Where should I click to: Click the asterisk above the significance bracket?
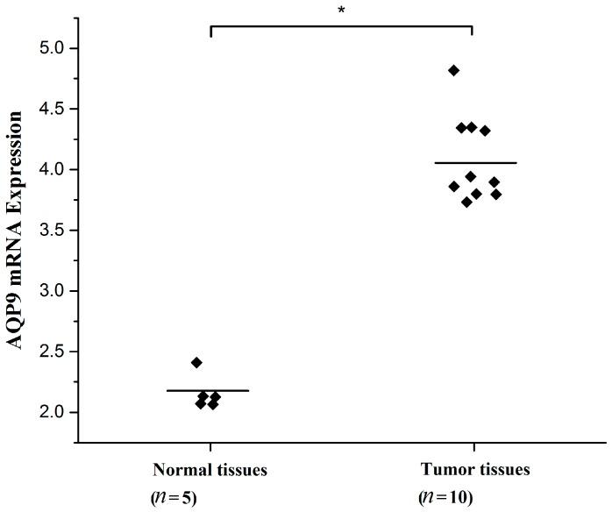pos(340,11)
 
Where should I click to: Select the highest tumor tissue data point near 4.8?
pos(454,70)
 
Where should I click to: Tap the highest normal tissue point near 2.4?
pos(196,362)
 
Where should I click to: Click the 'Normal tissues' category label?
pos(210,470)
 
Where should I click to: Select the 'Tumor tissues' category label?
pos(474,470)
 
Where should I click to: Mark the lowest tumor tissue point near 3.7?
pos(466,203)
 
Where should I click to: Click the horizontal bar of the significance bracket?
pos(341,27)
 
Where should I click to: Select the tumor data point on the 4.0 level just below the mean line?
pos(471,176)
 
